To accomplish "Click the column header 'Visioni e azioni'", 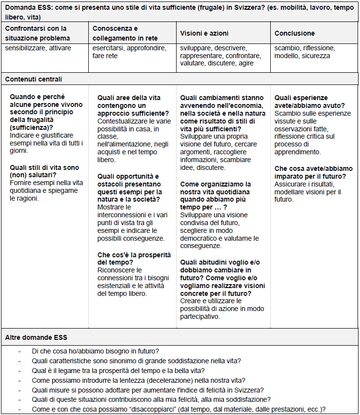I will pyautogui.click(x=204, y=33).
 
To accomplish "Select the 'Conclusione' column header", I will pyautogui.click(x=295, y=33).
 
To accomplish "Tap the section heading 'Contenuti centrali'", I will pyautogui.click(x=34, y=79).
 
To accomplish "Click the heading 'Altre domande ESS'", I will pyautogui.click(x=36, y=337).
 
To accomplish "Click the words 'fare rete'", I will pyautogui.click(x=105, y=56).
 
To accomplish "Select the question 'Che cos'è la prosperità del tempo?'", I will pyautogui.click(x=134, y=258).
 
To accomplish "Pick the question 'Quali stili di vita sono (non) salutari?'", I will pyautogui.click(x=44, y=171).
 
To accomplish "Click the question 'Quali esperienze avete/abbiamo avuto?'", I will pyautogui.click(x=308, y=102).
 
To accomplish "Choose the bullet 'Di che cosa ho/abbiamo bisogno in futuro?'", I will pyautogui.click(x=96, y=351).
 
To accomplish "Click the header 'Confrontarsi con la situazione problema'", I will pyautogui.click(x=38, y=33).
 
